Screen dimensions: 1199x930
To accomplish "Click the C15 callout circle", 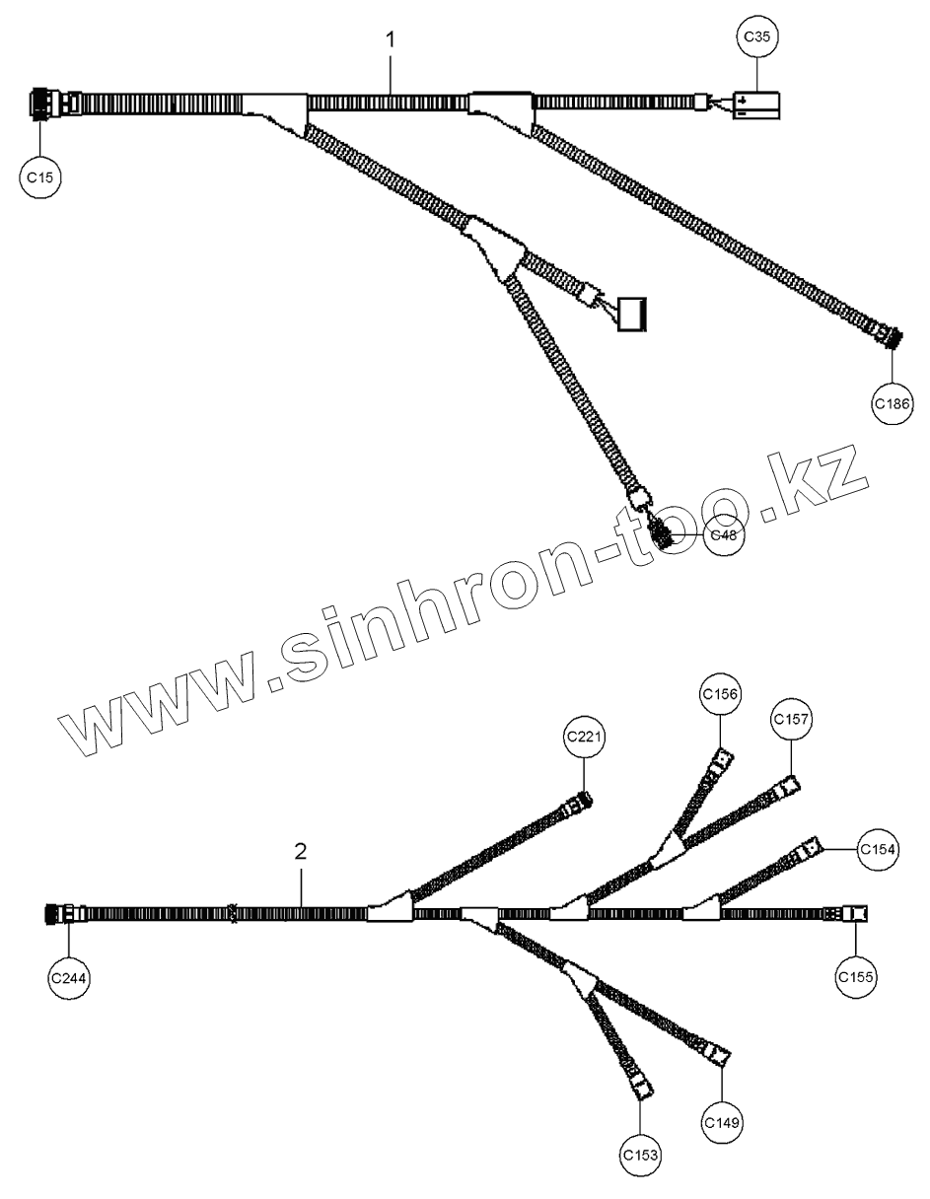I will [x=40, y=176].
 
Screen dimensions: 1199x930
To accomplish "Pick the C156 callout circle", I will [x=720, y=694].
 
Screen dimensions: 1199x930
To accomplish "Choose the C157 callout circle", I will [x=792, y=720].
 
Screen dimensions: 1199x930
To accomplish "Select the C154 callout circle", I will [x=878, y=849].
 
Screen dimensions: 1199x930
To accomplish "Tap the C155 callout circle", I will [x=855, y=977].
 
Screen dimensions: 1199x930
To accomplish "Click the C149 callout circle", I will [x=722, y=1122].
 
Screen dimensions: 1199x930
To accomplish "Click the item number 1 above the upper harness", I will [x=391, y=39].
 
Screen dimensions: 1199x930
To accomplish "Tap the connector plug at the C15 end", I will [x=45, y=103].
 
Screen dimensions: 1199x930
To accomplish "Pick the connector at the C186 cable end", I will [x=889, y=337].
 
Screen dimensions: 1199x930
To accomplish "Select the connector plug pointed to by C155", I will [x=854, y=914].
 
